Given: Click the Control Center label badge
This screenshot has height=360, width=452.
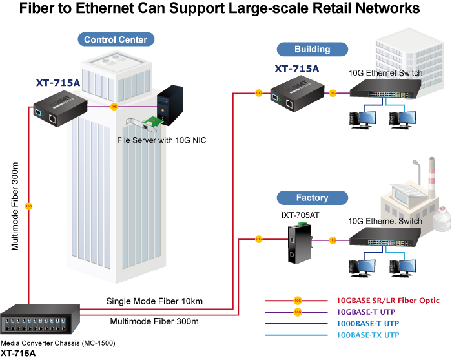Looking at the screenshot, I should (116, 39).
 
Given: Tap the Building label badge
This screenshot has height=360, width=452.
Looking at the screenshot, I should (312, 49).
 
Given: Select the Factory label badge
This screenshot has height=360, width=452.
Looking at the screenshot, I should (312, 198).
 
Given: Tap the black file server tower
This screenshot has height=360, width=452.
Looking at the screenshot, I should (172, 103).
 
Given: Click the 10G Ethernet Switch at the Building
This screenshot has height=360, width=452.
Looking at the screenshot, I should (384, 94).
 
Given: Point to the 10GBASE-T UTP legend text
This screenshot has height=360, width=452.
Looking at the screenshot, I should (367, 312).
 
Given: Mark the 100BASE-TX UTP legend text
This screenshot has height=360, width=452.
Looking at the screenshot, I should (367, 335).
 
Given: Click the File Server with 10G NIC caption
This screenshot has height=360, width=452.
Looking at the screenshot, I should (161, 140).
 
